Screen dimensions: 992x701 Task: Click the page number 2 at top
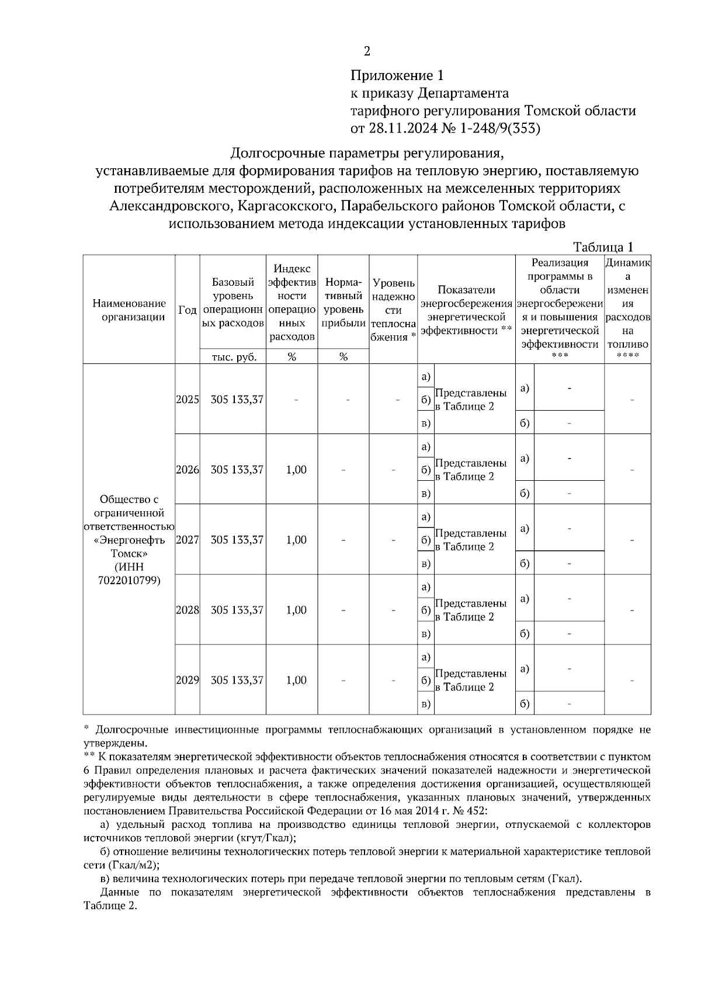367,52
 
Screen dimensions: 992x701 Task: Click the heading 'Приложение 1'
397,75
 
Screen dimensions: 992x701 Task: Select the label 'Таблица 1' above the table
603,247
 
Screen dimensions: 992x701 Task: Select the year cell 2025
187,400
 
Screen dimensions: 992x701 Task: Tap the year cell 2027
187,540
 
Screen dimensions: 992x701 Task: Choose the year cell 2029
187,680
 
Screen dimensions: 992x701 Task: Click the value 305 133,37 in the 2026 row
237,470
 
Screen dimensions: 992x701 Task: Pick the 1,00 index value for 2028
296,610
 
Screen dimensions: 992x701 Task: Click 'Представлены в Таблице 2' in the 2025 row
471,400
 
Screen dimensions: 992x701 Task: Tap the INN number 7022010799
129,581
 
